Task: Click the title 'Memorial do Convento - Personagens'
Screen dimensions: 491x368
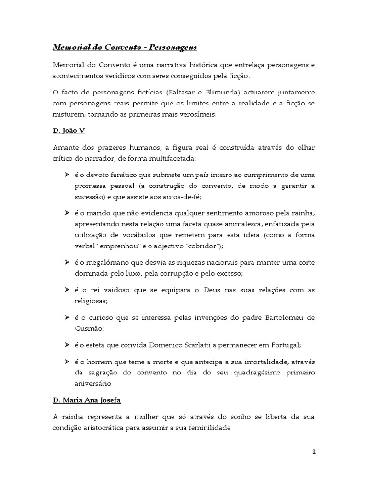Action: [124, 47]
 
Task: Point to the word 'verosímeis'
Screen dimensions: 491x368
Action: [196, 115]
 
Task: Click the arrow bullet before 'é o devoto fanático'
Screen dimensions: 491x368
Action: [67, 174]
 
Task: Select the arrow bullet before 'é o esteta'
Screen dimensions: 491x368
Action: [67, 345]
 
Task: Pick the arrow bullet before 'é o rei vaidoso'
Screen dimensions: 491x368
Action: [67, 290]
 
